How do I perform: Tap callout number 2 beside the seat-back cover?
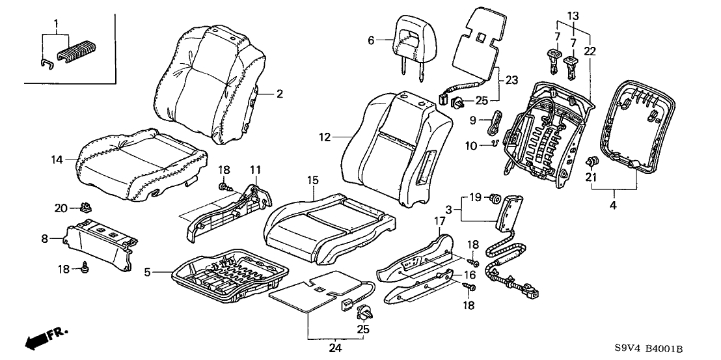[x=280, y=94]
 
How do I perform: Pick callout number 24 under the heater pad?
[x=335, y=348]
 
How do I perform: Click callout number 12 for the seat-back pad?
[x=325, y=137]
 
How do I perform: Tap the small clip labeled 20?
[x=84, y=208]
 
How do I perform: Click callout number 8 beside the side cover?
[x=44, y=239]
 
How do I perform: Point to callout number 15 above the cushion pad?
[x=313, y=179]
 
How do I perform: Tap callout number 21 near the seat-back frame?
[x=590, y=176]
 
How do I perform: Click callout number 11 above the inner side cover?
[x=254, y=171]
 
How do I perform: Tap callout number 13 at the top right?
[x=573, y=15]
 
